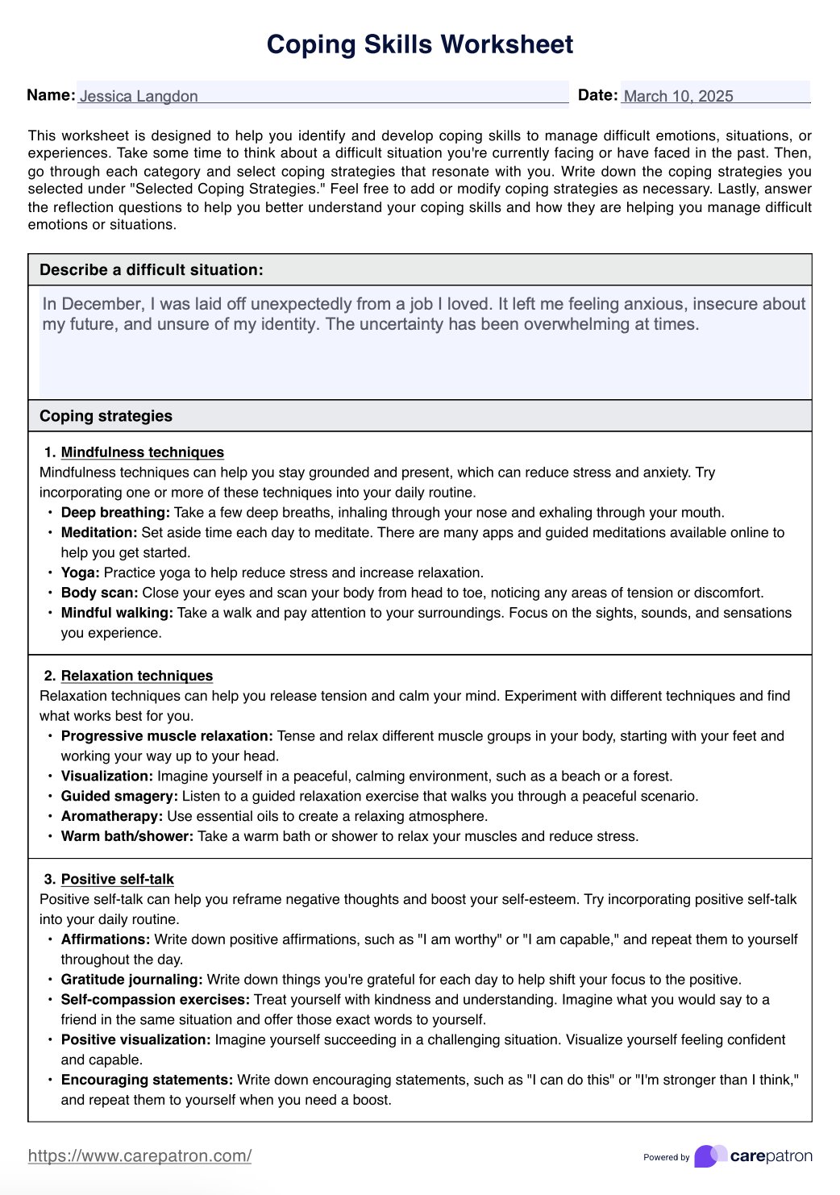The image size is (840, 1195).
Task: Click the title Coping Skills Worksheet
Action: tap(419, 44)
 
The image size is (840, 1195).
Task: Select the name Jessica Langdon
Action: tap(139, 96)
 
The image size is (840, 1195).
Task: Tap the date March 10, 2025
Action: tap(678, 96)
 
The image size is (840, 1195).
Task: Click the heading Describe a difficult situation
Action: tap(152, 270)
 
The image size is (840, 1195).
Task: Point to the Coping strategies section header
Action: tap(106, 416)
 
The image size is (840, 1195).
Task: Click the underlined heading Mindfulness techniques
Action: tap(142, 452)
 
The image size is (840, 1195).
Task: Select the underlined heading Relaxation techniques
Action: tap(137, 676)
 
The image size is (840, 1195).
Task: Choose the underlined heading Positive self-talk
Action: tap(117, 879)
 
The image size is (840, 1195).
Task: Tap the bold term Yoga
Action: tap(80, 573)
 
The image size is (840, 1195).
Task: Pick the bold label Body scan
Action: tap(99, 593)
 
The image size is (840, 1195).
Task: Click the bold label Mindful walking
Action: tap(117, 613)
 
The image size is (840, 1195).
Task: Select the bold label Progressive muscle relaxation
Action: tap(167, 735)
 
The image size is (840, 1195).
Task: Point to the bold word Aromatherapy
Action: tap(111, 816)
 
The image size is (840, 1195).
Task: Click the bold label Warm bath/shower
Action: tap(127, 836)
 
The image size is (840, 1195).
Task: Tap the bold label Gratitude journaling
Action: tap(131, 980)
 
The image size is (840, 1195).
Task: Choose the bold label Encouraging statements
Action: tap(147, 1080)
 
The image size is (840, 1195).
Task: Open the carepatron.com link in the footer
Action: tap(139, 1155)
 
